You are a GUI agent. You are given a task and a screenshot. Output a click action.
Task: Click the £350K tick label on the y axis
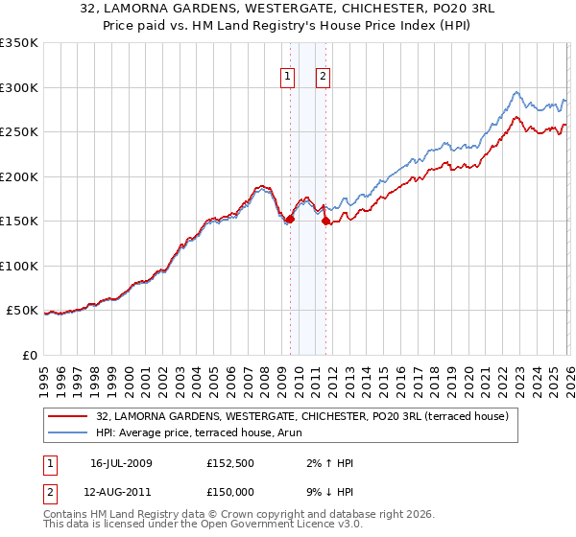pyautogui.click(x=19, y=43)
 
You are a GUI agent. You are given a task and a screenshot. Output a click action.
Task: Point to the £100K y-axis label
pyautogui.click(x=19, y=266)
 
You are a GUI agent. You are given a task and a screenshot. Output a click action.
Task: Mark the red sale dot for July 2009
pyautogui.click(x=290, y=219)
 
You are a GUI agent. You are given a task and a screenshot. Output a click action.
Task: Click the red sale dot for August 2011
pyautogui.click(x=325, y=222)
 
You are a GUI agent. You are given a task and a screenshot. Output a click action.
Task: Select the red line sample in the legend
pyautogui.click(x=69, y=416)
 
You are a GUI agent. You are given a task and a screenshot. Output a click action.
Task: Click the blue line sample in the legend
pyautogui.click(x=69, y=432)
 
